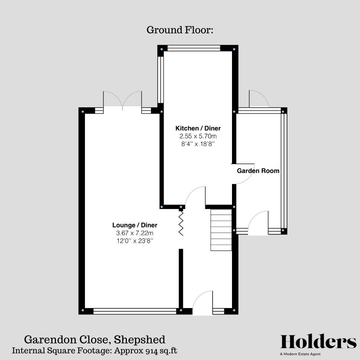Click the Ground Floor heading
180,30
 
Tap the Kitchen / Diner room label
198,128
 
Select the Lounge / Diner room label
135,225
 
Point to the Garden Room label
258,171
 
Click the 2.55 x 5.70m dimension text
198,136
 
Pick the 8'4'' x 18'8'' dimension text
198,144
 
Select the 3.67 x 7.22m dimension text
135,233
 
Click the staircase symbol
221,230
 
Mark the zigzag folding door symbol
181,223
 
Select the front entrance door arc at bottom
203,303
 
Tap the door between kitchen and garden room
243,174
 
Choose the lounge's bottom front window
135,311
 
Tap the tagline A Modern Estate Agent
300,354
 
